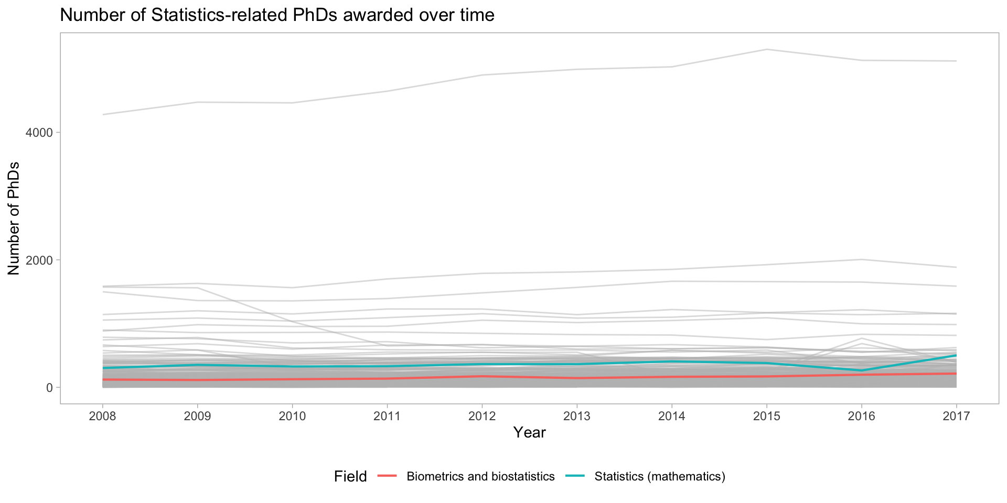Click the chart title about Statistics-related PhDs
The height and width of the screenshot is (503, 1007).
(277, 15)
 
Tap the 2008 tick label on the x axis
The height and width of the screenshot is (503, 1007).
(102, 416)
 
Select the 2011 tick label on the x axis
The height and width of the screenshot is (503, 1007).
(387, 416)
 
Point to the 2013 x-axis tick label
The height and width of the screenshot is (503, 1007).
(577, 416)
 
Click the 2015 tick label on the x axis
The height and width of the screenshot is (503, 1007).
(767, 416)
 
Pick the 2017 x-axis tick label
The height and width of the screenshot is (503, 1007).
(957, 416)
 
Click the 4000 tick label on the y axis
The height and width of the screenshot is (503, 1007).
(39, 133)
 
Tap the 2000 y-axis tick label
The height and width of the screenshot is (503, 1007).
(39, 260)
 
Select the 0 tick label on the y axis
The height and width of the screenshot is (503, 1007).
(49, 388)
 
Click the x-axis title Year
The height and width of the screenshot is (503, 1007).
(529, 432)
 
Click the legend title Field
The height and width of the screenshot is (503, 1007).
(350, 476)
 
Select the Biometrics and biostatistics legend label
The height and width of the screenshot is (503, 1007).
(480, 476)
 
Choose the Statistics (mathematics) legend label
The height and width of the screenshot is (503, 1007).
(660, 476)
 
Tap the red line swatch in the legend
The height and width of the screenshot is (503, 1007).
(388, 476)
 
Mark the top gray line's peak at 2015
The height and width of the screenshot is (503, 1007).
(767, 49)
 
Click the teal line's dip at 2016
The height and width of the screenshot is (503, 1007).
(862, 370)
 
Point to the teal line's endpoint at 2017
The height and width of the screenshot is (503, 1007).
(956, 355)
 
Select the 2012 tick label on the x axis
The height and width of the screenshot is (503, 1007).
(482, 416)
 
